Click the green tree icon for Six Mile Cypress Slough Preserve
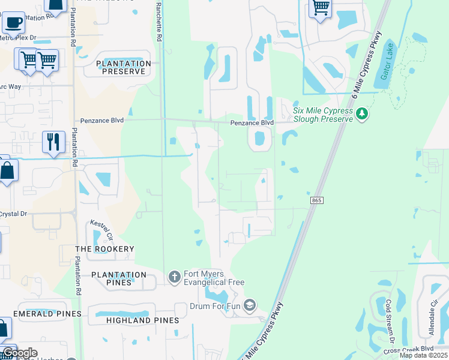point(361,113)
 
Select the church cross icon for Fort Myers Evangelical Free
point(174,277)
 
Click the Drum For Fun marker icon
point(250,305)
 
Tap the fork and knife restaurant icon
point(53,142)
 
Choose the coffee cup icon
point(13,22)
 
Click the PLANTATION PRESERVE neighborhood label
point(123,67)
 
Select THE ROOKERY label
point(104,248)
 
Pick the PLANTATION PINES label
point(119,278)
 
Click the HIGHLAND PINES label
point(142,320)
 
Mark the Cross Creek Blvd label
point(411,348)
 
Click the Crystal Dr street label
point(14,214)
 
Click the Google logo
point(20,352)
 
